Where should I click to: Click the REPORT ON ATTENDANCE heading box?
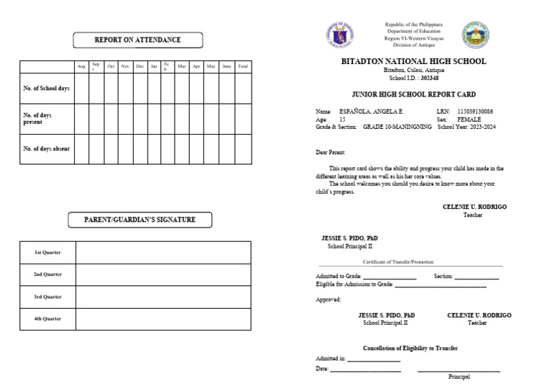137,40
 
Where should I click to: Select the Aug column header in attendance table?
81,66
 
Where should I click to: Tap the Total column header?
243,66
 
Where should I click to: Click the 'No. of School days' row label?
46,88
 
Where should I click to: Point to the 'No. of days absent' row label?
46,148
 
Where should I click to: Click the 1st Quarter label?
47,253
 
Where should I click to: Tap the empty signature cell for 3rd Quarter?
163,297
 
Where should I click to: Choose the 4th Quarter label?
47,318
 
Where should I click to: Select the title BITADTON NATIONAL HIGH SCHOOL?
413,62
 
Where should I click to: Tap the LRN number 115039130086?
475,112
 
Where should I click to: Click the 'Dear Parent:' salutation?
331,153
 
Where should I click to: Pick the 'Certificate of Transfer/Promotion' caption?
398,262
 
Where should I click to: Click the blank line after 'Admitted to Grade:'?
389,277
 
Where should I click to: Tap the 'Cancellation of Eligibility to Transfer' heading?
410,348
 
